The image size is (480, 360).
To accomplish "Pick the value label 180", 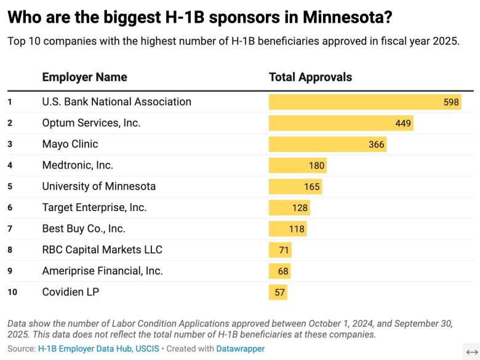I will point(316,166).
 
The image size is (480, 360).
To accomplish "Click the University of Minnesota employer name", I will point(98,186).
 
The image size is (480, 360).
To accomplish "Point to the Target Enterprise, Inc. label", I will point(94,207).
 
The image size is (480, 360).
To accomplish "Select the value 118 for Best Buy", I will point(297,229).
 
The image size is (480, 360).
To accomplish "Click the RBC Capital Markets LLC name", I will point(102,250).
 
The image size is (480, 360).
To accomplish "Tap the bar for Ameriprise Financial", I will point(279,271).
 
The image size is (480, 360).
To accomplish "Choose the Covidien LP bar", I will point(278,292).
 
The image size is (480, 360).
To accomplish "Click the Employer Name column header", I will point(84,78).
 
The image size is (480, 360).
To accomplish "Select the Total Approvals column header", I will point(310,78).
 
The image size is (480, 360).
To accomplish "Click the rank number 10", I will point(12,292).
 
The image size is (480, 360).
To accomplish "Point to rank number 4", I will point(10,166).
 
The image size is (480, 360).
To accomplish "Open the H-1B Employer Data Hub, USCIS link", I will point(98,349).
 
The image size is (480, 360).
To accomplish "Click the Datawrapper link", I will point(240,349).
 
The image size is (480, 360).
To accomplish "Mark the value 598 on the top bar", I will point(451,102).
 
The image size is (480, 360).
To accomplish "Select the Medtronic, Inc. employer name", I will point(78,166).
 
